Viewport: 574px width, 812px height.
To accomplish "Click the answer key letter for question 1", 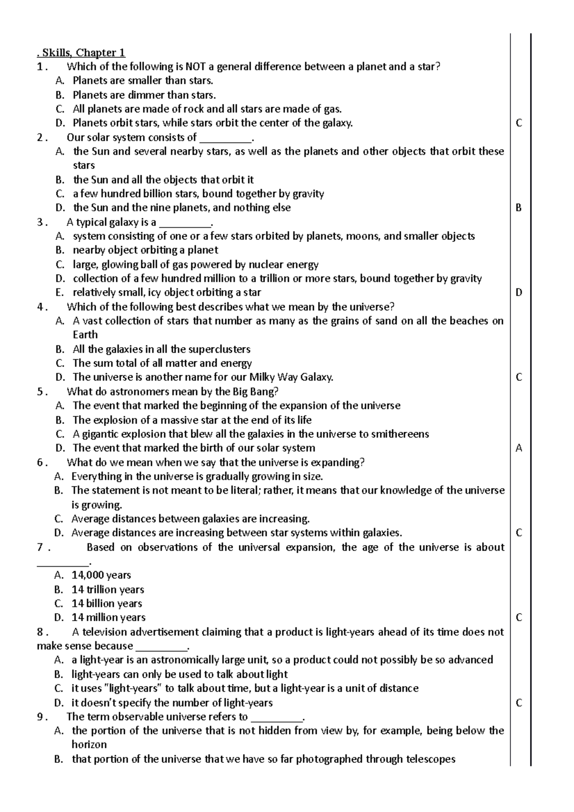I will [519, 123].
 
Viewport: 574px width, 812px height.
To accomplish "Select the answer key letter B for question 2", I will [519, 208].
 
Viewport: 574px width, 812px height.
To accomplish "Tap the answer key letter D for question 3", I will [519, 293].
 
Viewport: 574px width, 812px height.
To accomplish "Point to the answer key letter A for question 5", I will [519, 449].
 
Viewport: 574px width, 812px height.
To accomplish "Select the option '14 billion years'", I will [107, 604].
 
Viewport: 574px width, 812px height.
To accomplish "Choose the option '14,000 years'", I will [101, 575].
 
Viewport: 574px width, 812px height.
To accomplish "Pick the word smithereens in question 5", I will [400, 434].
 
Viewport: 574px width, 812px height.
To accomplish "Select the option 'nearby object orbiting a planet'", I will [145, 250].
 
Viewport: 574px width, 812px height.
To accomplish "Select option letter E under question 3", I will [59, 293].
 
